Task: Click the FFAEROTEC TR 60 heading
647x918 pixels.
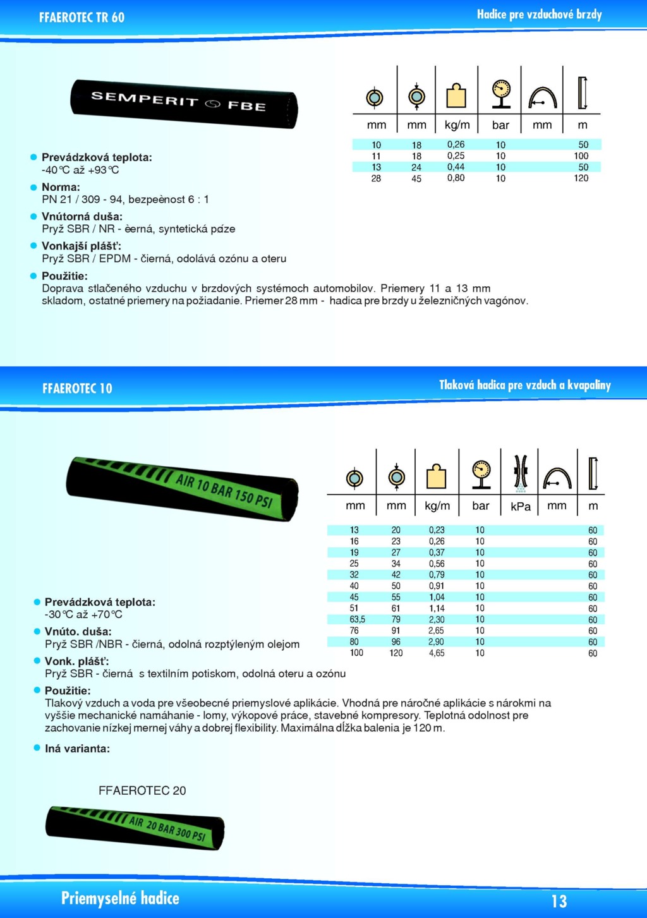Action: [82, 18]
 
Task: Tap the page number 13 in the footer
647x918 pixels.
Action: [559, 901]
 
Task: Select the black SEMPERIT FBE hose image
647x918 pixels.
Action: [184, 103]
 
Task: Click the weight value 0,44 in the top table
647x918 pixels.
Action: [456, 167]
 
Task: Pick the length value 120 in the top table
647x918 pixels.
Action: [581, 178]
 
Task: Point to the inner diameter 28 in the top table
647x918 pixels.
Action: [376, 178]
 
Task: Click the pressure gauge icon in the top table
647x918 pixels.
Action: [501, 94]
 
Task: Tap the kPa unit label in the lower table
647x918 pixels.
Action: [520, 507]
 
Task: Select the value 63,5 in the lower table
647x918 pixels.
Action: [357, 619]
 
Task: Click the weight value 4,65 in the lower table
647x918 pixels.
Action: [437, 653]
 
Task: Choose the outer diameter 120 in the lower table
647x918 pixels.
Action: [396, 653]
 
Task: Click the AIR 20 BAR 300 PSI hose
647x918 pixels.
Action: [135, 827]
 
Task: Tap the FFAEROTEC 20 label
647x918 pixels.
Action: [142, 790]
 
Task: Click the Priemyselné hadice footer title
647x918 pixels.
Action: [120, 898]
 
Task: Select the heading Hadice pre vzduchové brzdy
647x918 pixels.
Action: [539, 15]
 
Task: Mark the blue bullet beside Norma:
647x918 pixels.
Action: [34, 187]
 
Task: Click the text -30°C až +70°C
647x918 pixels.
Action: [83, 615]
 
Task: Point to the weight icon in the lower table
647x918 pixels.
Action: [437, 477]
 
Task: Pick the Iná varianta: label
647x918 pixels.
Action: [77, 749]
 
